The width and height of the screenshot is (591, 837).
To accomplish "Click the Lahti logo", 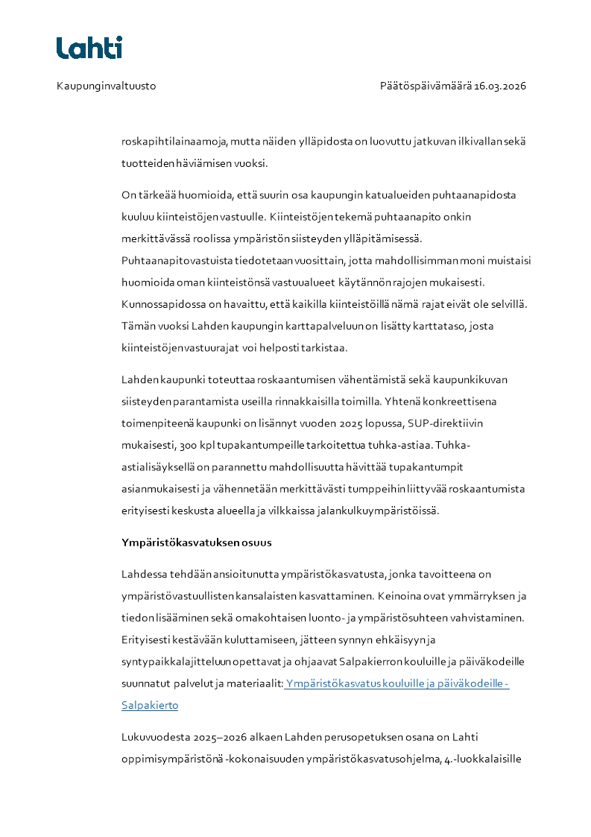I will click(x=89, y=48).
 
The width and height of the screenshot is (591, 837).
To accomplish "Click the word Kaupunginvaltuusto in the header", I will click(x=107, y=86).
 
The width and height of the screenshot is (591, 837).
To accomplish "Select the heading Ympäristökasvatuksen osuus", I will click(x=196, y=543).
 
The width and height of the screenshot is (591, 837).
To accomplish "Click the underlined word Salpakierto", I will click(x=150, y=704).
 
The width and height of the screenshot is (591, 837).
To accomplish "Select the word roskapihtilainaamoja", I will click(x=174, y=141).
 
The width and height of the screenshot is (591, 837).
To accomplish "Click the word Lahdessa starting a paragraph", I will click(x=147, y=575).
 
